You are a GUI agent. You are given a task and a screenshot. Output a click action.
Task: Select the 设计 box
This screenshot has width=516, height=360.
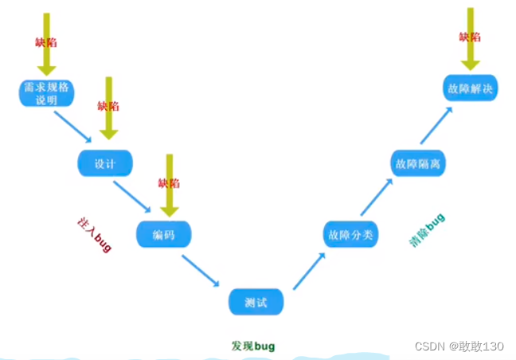click(x=104, y=163)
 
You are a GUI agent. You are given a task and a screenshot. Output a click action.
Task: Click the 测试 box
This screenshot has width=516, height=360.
click(x=256, y=302)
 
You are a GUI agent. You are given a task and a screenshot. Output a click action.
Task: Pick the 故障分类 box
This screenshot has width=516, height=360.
click(x=350, y=234)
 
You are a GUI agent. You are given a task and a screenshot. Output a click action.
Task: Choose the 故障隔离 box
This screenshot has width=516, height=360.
click(x=418, y=163)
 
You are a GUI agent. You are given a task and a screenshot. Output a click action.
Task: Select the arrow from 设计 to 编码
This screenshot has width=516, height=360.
click(x=132, y=197)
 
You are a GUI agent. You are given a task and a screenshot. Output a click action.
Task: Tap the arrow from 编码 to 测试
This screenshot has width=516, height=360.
click(x=201, y=270)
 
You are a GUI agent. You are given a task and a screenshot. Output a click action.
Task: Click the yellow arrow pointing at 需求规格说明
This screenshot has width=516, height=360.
click(x=46, y=44)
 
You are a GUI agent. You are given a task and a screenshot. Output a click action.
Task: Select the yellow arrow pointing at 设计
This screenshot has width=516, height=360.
click(x=109, y=108)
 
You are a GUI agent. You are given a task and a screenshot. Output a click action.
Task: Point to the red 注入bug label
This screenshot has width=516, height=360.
click(x=94, y=233)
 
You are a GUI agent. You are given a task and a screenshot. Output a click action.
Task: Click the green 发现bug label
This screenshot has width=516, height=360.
click(x=253, y=346)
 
